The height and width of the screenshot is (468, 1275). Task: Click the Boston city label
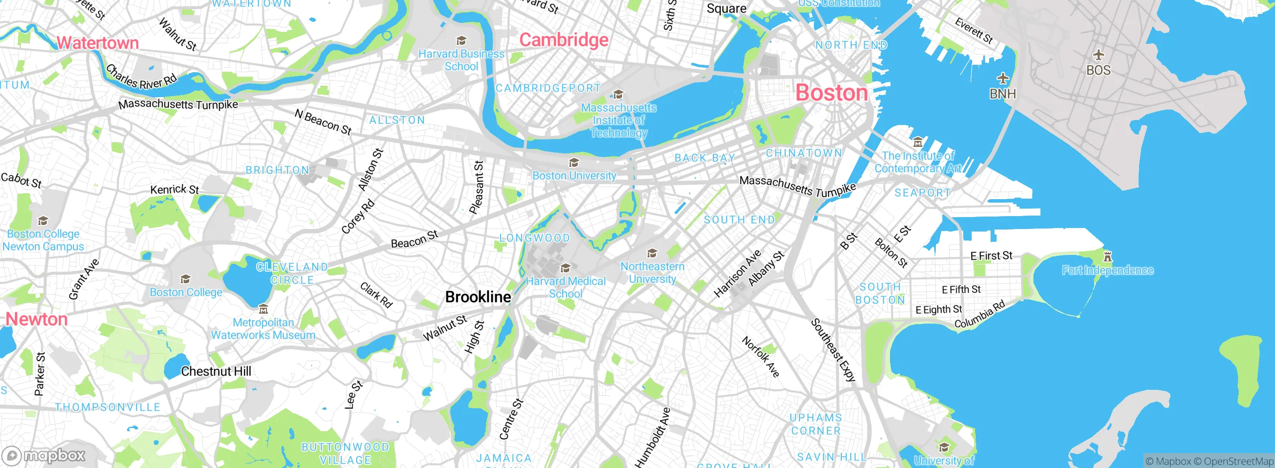point(831,93)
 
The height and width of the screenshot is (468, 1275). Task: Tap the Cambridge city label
point(564,40)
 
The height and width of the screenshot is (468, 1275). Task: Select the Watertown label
point(98,43)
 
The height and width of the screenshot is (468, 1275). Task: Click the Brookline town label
point(478,297)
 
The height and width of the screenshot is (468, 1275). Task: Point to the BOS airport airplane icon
point(1098,55)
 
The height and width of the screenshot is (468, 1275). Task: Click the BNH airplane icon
point(1003,79)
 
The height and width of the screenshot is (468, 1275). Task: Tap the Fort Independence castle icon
point(1107,257)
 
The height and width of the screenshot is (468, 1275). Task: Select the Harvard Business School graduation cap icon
point(461,41)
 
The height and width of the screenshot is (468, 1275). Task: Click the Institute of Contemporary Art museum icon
point(918,143)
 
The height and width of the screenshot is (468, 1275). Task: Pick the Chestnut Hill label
point(216,371)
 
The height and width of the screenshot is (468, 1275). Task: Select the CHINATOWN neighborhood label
point(803,153)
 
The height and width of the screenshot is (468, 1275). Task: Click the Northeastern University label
point(652,273)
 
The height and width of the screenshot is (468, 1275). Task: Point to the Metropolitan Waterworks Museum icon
point(263,310)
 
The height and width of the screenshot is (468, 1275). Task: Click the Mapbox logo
point(44,455)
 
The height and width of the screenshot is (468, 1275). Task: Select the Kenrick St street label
point(174,189)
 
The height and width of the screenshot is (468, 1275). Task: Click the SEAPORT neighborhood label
point(922,193)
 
